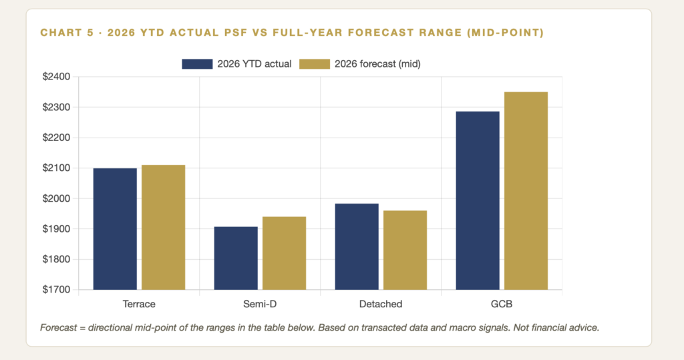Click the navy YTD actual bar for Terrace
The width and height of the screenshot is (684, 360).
click(x=115, y=228)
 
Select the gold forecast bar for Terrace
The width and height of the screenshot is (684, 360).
click(x=164, y=227)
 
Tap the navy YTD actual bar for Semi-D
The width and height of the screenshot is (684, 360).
click(x=236, y=258)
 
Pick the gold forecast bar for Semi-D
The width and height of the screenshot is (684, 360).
click(x=285, y=253)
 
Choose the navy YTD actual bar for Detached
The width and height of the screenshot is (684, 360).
click(x=357, y=246)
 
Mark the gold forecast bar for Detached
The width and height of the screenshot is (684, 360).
click(x=405, y=250)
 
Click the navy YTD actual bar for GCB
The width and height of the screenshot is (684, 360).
click(x=478, y=201)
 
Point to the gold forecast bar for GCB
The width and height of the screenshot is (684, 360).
click(x=526, y=191)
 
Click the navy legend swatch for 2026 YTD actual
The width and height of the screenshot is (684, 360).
click(x=197, y=64)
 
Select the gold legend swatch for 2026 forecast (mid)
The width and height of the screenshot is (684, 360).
click(x=315, y=64)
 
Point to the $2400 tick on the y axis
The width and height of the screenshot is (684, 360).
click(x=56, y=77)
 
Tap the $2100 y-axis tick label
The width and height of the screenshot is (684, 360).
click(x=56, y=168)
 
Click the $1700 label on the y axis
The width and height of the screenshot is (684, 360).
click(x=56, y=290)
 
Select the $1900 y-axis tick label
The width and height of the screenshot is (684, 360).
click(x=56, y=228)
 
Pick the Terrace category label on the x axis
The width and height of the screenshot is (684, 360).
click(x=139, y=304)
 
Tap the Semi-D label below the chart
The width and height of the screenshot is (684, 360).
click(x=260, y=304)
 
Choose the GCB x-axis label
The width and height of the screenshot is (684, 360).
click(x=502, y=304)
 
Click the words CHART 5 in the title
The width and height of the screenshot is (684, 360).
click(x=67, y=33)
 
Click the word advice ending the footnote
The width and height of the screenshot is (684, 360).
click(x=585, y=328)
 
